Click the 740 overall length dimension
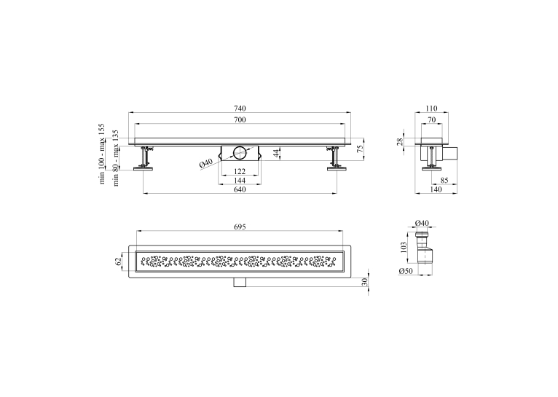pyautogui.click(x=240, y=108)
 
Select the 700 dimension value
pyautogui.click(x=240, y=119)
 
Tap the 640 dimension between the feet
pyautogui.click(x=240, y=189)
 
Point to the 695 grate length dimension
pyautogui.click(x=240, y=227)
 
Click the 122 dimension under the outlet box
pyautogui.click(x=240, y=171)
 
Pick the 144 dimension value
pyautogui.click(x=240, y=181)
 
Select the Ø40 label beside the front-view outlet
pyautogui.click(x=205, y=163)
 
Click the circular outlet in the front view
pyautogui.click(x=239, y=153)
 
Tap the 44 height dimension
pyautogui.click(x=277, y=153)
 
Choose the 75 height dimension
pyautogui.click(x=360, y=149)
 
